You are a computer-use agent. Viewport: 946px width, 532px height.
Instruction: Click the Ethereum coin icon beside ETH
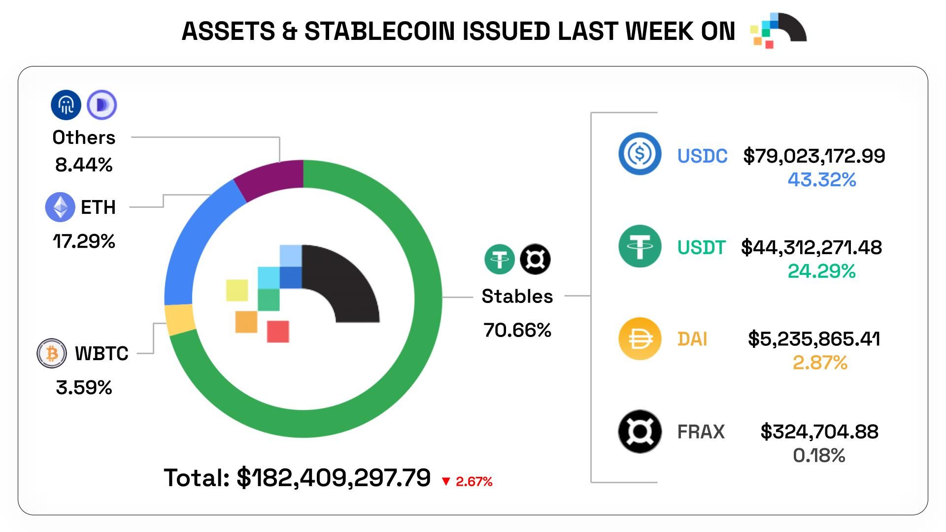tap(60, 207)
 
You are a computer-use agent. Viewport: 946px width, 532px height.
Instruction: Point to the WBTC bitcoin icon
tap(52, 353)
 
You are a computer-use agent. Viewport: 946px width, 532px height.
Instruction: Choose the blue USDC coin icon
tap(640, 154)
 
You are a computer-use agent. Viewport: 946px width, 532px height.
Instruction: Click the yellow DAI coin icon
tap(640, 338)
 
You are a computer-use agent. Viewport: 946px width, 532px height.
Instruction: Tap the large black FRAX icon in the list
tap(640, 432)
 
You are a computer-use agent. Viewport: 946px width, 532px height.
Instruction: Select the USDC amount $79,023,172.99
tap(814, 156)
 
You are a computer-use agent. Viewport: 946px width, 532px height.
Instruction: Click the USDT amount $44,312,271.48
tap(811, 247)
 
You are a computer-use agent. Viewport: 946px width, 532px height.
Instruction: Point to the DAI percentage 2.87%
tap(820, 363)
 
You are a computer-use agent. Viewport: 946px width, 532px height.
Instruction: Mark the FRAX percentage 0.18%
tap(819, 455)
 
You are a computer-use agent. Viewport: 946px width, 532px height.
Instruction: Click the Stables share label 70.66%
tap(517, 330)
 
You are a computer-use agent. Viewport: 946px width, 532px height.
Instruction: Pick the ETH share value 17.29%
tap(84, 241)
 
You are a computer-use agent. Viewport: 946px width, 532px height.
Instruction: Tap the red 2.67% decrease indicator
tap(467, 481)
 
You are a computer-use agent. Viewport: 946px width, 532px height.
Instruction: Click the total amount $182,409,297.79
tap(334, 478)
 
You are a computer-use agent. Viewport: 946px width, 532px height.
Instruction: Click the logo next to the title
tap(778, 31)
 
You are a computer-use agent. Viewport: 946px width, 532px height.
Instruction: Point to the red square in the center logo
tap(278, 331)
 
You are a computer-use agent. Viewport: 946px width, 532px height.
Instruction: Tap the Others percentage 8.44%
tap(84, 165)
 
